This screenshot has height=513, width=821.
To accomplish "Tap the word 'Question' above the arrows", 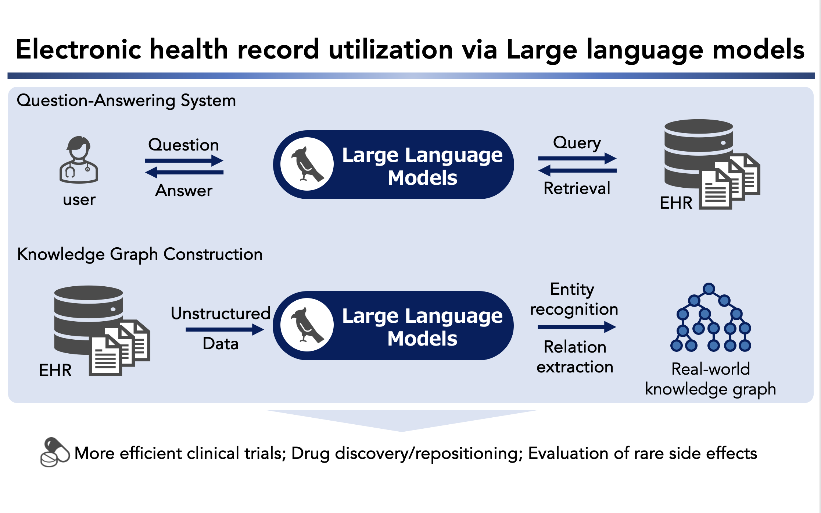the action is [183, 145].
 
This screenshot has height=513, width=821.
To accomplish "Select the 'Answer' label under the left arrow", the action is [184, 191].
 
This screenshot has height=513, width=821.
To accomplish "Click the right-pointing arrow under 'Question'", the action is [184, 160].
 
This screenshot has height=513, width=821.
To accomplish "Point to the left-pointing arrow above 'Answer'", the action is [184, 172].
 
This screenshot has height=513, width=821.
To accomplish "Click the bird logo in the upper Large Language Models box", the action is [307, 164].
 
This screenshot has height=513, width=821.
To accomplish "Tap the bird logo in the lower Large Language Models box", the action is [307, 325].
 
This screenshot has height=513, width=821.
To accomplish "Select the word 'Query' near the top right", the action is [577, 143].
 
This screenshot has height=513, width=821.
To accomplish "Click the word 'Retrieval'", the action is [577, 188].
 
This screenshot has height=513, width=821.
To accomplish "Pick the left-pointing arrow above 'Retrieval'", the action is [577, 170].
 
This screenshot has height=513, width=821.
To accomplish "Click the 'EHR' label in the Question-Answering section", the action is [676, 203].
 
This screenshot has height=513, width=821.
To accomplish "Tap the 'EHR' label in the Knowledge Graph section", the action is [55, 370].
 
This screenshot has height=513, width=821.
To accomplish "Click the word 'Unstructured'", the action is [221, 313].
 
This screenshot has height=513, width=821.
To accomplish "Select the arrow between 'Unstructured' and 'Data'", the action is [225, 329].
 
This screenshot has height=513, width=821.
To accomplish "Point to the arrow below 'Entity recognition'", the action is [577, 327].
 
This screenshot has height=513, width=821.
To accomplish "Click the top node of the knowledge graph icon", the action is [709, 289].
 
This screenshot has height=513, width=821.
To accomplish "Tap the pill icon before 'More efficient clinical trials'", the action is [55, 452].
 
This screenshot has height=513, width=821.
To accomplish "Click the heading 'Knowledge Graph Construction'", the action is [140, 254].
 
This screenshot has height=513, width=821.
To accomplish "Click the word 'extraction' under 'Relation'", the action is [575, 367].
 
